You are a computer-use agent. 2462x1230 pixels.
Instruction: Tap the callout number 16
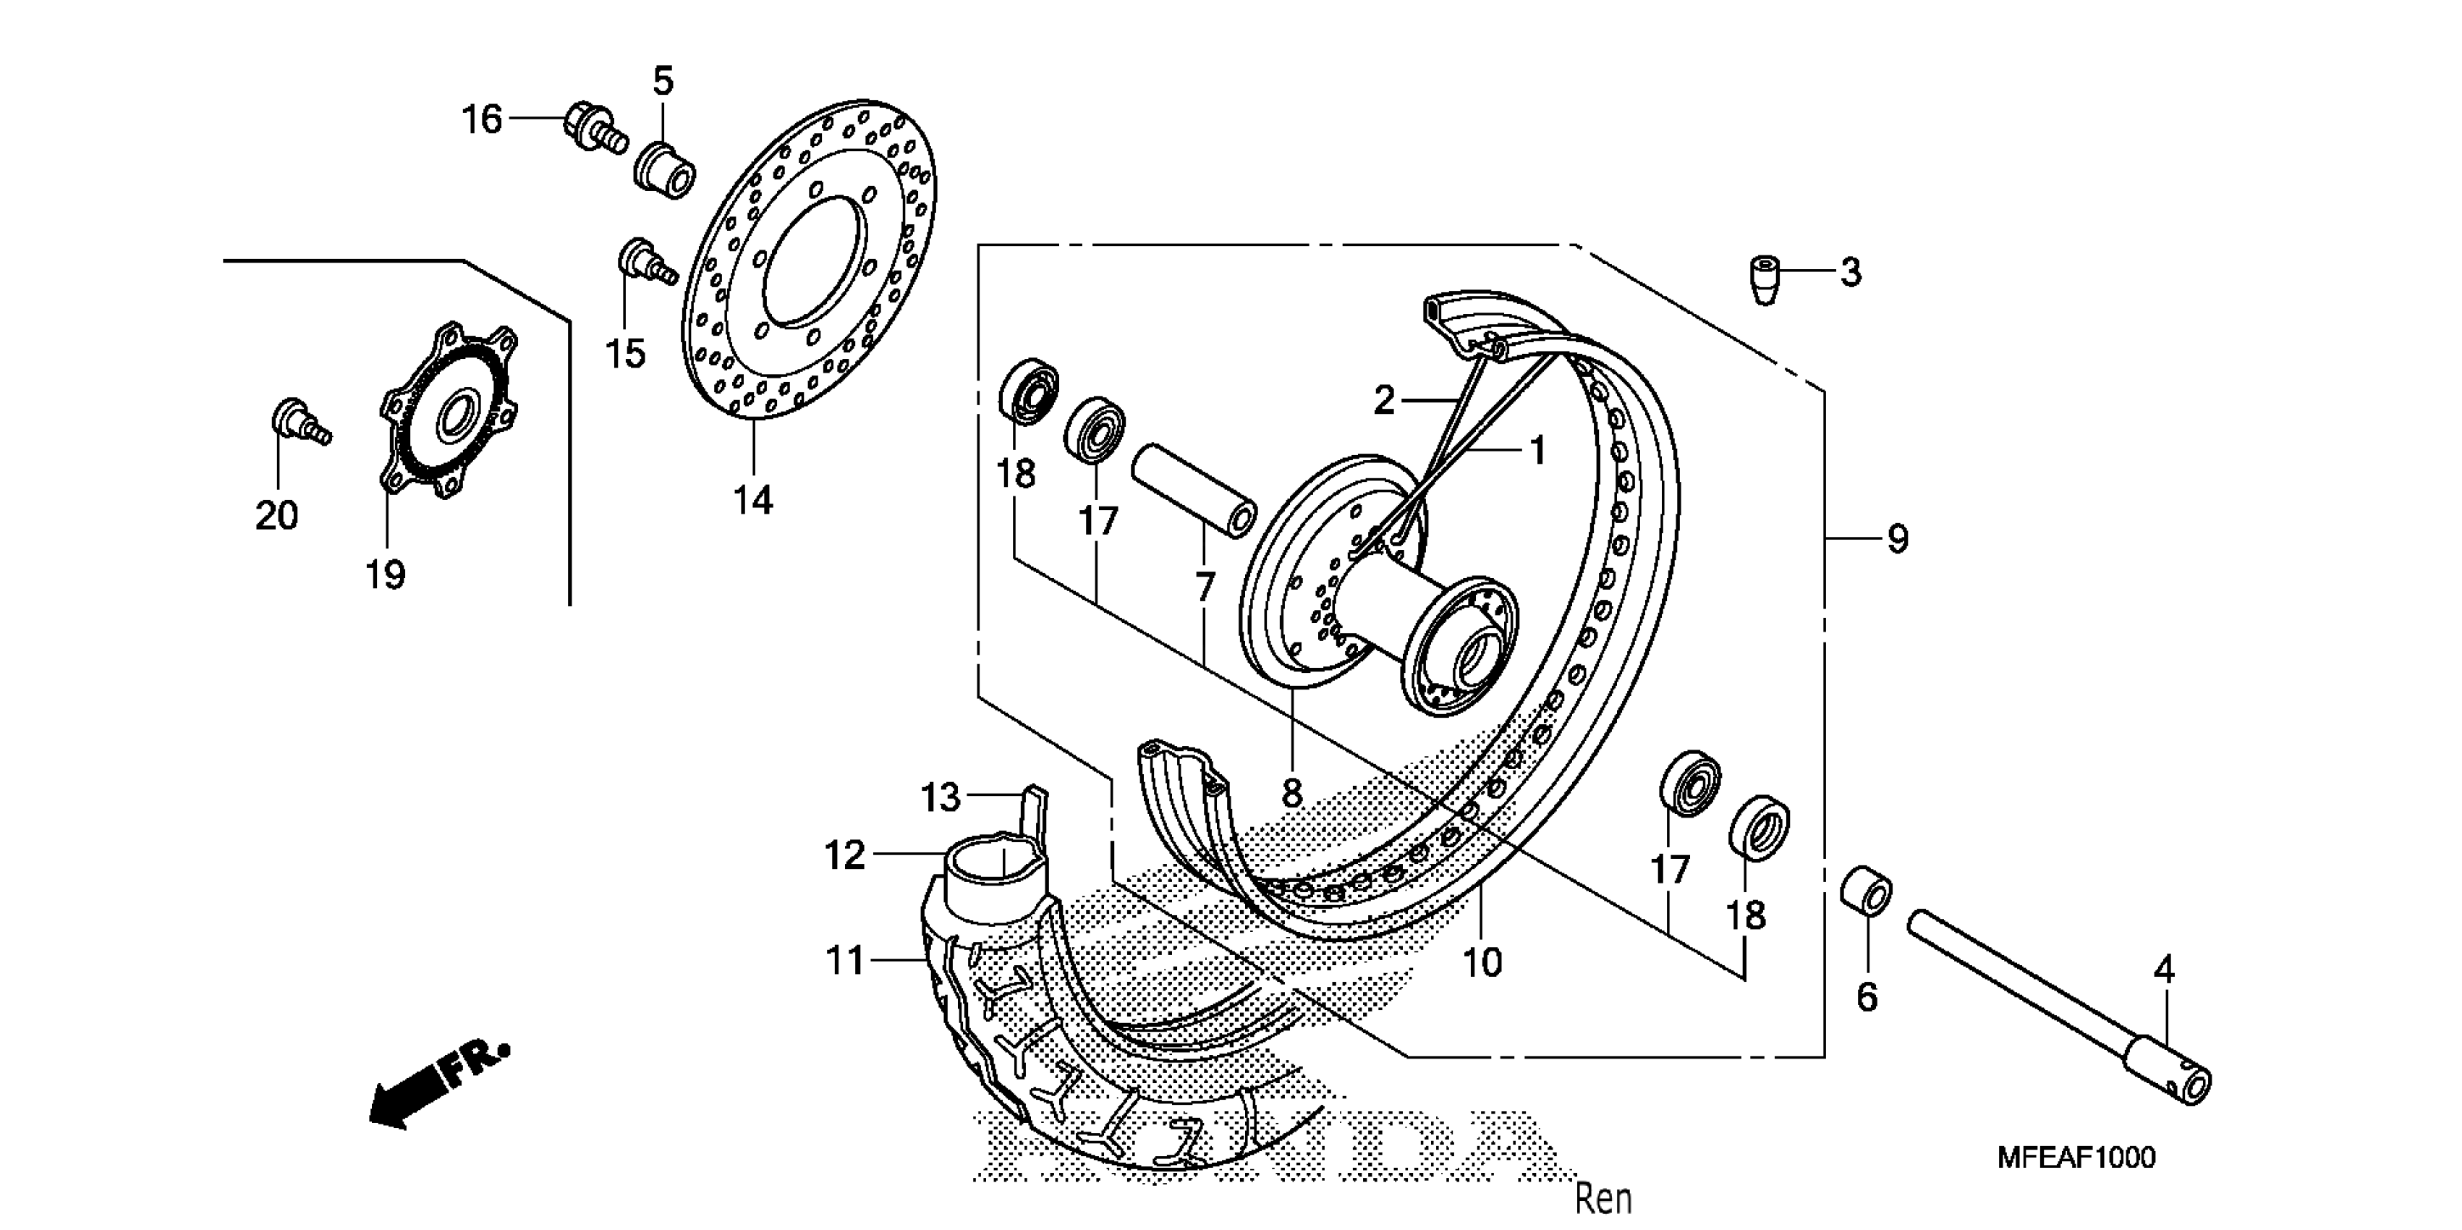click(x=482, y=120)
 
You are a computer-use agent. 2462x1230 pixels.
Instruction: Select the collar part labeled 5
click(x=665, y=168)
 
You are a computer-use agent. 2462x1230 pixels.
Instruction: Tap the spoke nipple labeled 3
click(x=1765, y=280)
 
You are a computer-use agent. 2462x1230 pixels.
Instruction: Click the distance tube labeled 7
click(x=1193, y=489)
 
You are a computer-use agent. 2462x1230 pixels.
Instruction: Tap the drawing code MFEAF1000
click(x=2076, y=1158)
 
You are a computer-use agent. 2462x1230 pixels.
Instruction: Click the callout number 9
click(x=1897, y=540)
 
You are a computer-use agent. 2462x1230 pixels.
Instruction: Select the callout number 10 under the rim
click(x=1482, y=962)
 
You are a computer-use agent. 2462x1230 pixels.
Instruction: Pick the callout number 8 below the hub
click(x=1291, y=792)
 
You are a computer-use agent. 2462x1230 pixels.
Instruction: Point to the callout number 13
click(x=941, y=797)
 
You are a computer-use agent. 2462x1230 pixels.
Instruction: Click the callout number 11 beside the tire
click(x=845, y=961)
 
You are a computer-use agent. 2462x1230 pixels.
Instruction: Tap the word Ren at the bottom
click(x=1603, y=1198)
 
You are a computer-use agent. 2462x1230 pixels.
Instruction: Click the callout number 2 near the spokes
click(x=1385, y=400)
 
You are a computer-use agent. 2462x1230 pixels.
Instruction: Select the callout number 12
click(x=845, y=855)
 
